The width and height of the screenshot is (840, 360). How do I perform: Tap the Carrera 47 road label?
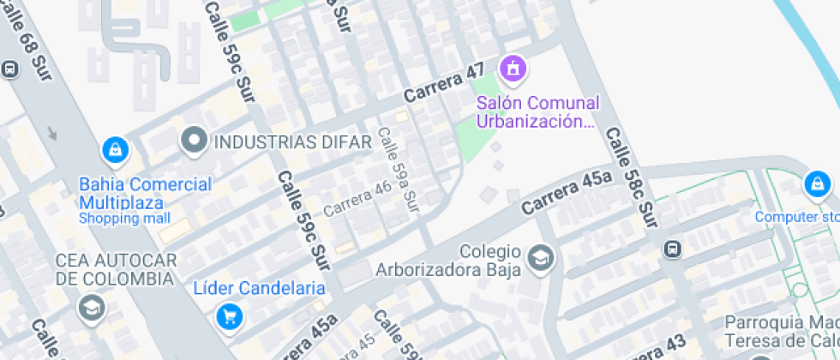[445, 82]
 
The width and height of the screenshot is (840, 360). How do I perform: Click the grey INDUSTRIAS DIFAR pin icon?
[194, 141]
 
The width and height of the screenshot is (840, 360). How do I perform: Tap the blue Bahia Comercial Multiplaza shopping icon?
[114, 152]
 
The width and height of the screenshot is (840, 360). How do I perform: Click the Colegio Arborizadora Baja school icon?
[540, 257]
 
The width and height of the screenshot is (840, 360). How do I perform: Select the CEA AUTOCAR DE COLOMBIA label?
[116, 269]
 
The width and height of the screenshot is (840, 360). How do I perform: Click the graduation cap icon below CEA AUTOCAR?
[89, 307]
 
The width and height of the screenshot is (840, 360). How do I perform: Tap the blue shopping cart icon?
[229, 317]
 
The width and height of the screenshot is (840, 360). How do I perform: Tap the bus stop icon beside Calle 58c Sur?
[673, 249]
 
